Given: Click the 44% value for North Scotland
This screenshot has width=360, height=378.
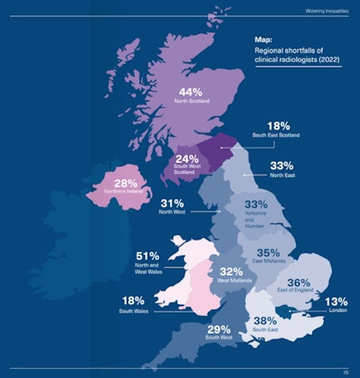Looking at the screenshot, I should [x=190, y=93].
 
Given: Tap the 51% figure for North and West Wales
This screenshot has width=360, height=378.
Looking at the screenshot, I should [x=148, y=256].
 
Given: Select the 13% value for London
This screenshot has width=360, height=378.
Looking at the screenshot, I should [x=336, y=301].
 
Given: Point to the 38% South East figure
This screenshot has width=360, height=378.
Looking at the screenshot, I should [x=265, y=320].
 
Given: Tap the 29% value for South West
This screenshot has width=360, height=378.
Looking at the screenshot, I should [x=219, y=330].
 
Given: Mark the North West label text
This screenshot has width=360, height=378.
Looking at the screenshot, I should [x=172, y=212].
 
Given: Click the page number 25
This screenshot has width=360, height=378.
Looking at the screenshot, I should [x=346, y=371].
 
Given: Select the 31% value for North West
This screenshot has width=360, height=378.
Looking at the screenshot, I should [x=172, y=202].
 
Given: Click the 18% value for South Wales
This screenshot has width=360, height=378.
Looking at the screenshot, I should [x=144, y=300].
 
